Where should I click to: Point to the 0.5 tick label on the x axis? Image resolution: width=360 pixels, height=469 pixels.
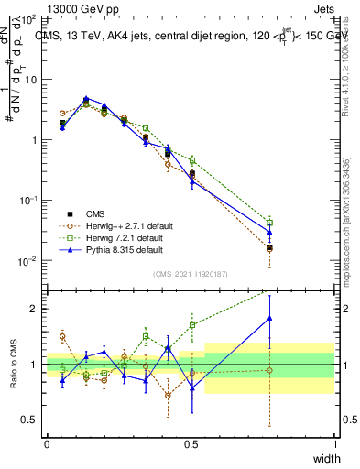point(191,443)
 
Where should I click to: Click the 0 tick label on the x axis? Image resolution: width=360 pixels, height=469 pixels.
point(47,443)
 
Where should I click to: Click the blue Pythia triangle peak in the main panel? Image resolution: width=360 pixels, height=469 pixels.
point(85,98)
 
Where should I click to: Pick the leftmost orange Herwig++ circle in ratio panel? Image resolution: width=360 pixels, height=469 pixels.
point(62,336)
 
